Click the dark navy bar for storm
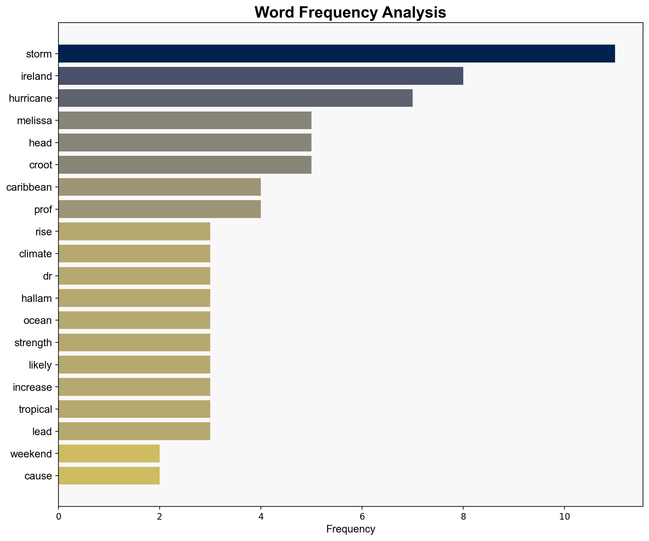tap(336, 54)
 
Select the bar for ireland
tap(261, 76)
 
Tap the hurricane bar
tap(235, 98)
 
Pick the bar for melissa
tap(185, 120)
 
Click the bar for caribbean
tap(159, 187)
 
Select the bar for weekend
tap(109, 453)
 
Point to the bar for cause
tap(109, 476)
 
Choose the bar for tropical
tap(134, 409)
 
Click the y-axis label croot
tap(41, 165)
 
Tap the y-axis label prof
tap(43, 209)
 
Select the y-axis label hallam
tap(36, 298)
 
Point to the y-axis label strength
tap(33, 342)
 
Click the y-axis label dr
tap(47, 276)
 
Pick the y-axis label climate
tap(35, 254)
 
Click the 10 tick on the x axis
tap(564, 516)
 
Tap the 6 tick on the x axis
tap(362, 516)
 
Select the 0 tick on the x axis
tap(58, 516)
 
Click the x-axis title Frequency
tap(350, 529)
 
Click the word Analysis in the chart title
tap(414, 13)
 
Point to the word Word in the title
tap(274, 13)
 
